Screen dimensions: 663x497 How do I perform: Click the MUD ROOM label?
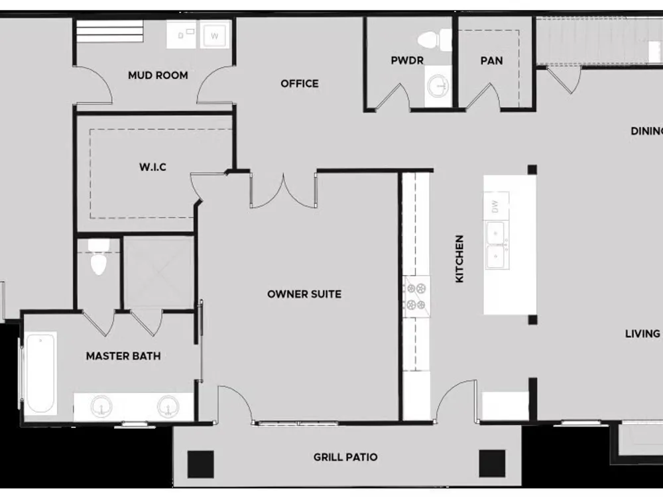click(158, 76)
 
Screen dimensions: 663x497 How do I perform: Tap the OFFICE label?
click(300, 83)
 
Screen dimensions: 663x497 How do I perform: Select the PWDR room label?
click(407, 60)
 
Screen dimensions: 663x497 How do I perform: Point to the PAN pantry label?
click(491, 60)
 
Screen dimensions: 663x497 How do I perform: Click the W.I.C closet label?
click(152, 167)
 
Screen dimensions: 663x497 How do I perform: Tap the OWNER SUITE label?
click(304, 294)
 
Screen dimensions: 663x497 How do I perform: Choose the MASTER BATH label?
click(123, 356)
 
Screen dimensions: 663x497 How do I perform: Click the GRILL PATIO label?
click(345, 457)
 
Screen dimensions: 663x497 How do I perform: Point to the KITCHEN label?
click(459, 258)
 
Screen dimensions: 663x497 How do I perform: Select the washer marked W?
click(214, 36)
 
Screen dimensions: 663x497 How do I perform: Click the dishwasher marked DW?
click(496, 206)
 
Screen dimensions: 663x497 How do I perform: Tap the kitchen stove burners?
click(416, 297)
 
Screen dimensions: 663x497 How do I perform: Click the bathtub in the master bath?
click(40, 373)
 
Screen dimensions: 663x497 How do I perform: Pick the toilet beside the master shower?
click(99, 256)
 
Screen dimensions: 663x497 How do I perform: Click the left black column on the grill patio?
click(200, 464)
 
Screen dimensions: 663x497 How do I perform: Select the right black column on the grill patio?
click(492, 463)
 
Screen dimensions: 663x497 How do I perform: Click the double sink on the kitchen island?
click(496, 245)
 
